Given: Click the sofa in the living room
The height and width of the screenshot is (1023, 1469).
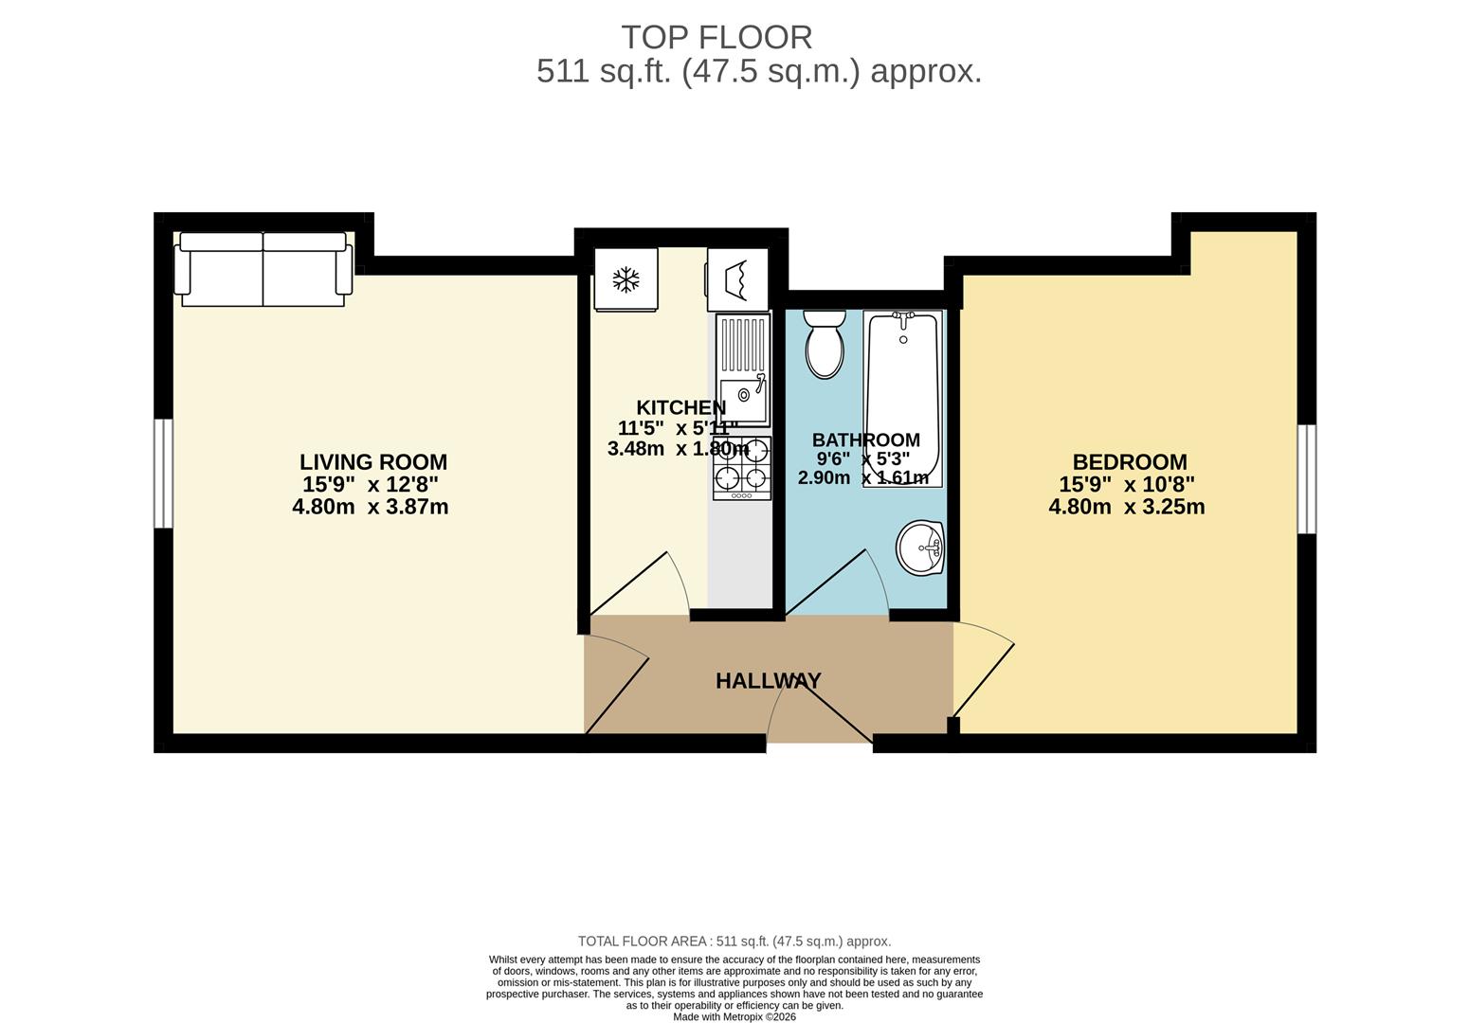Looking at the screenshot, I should (x=263, y=270).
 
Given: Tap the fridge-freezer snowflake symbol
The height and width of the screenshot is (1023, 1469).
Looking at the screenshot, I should (x=626, y=279).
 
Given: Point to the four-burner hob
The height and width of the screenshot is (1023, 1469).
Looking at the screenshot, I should (x=742, y=468).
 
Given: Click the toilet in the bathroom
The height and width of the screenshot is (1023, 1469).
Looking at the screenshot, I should (x=824, y=346).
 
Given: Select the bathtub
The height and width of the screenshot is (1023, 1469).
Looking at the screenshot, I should (x=903, y=398).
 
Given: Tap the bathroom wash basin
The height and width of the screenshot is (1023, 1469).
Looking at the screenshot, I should (x=920, y=547).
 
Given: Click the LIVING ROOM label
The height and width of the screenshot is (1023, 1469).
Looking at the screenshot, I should (x=373, y=462).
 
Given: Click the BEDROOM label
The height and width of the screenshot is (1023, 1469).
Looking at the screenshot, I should (x=1129, y=462).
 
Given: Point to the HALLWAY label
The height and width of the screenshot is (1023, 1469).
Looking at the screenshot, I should (x=768, y=681).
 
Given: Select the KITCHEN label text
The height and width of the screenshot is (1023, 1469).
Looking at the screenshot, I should (x=680, y=407).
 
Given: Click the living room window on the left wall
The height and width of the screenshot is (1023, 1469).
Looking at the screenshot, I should (x=164, y=473).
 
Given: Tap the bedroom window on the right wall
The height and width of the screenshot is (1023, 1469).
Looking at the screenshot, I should (x=1307, y=478).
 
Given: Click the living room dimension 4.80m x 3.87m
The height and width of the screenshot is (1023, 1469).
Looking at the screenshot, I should (x=371, y=507).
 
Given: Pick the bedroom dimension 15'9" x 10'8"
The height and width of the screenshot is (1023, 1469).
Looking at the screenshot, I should (x=1127, y=484).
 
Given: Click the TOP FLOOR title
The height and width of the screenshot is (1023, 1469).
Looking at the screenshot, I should (x=716, y=37).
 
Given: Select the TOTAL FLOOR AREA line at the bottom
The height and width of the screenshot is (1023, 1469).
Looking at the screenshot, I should (x=734, y=942).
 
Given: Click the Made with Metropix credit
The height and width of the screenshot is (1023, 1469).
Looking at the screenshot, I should (x=734, y=1017).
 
